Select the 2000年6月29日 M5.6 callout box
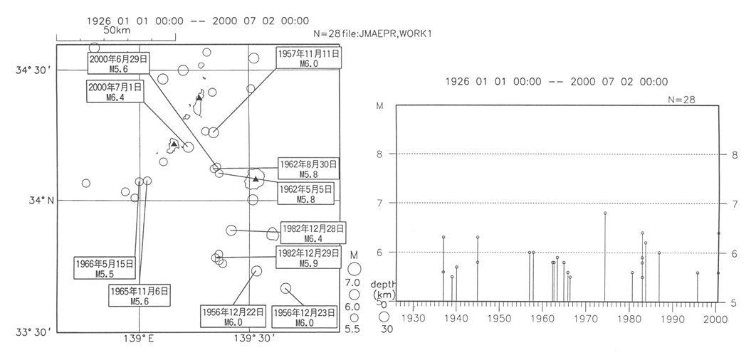[117, 63]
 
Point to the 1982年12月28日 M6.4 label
[313, 233]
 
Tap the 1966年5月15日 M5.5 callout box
[104, 268]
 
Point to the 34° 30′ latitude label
[34, 70]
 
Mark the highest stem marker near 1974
[605, 213]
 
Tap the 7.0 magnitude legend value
[352, 283]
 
